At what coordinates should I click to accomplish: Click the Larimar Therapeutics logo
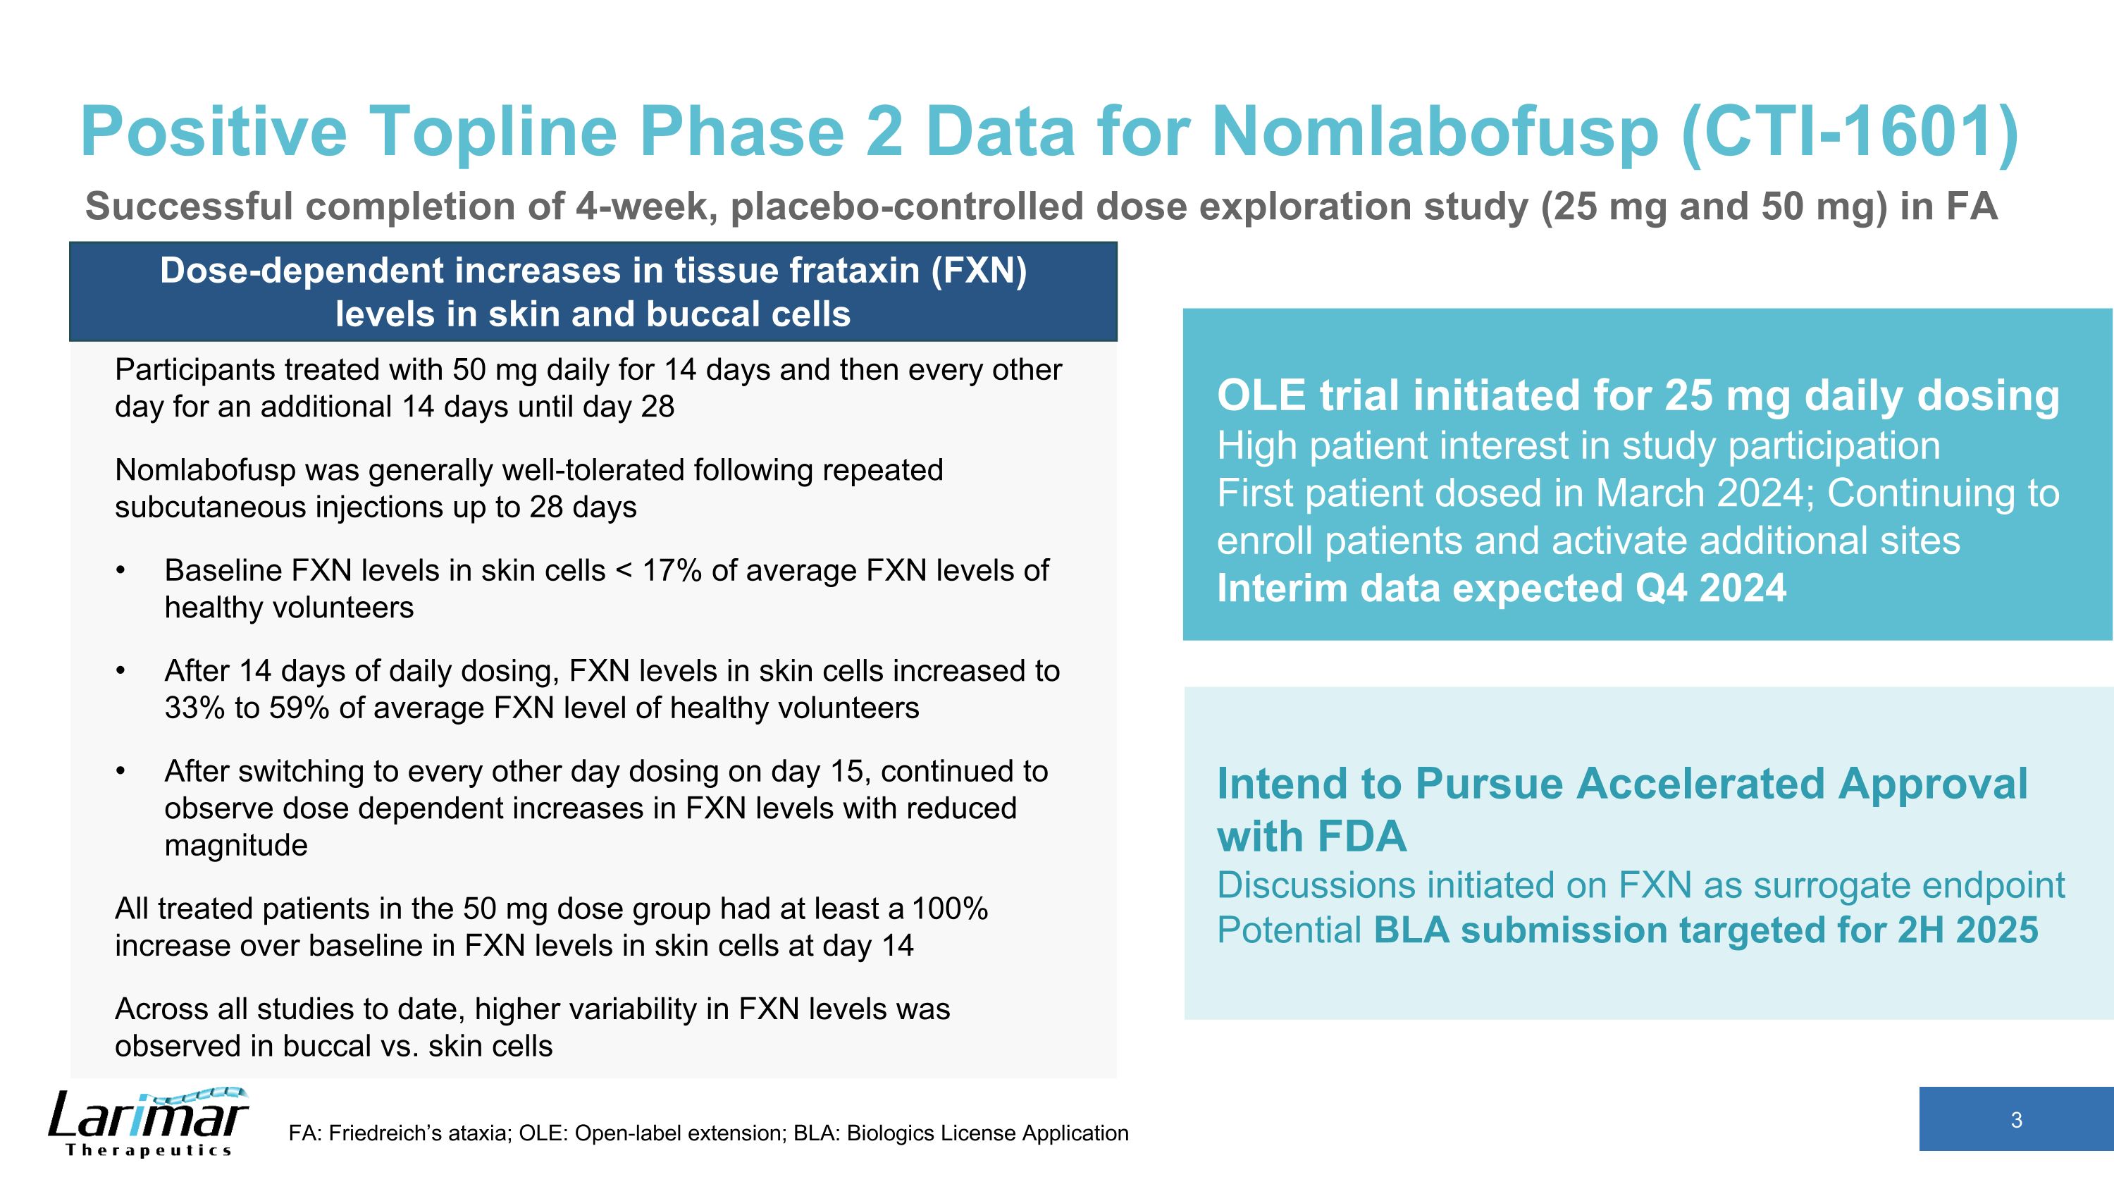148,1122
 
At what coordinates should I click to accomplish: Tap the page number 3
2015,1120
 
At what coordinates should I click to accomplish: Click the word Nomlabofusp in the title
1434,131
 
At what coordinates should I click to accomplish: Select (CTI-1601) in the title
1849,131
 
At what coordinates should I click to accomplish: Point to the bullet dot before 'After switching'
120,771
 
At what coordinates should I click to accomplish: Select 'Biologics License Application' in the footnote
987,1133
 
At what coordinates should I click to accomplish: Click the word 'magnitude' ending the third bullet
235,845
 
